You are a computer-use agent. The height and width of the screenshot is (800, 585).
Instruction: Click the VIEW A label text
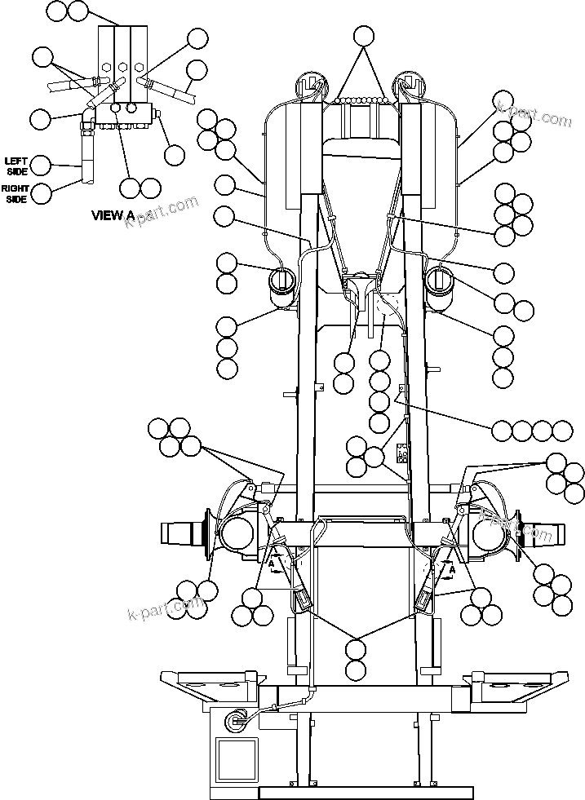point(113,215)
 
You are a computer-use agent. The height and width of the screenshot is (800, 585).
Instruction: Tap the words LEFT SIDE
point(17,165)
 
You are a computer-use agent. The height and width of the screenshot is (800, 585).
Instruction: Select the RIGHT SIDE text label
point(16,193)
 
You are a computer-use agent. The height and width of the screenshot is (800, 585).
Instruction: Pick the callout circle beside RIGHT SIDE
point(40,193)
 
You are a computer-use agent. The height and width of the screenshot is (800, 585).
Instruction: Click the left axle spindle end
point(179,534)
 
